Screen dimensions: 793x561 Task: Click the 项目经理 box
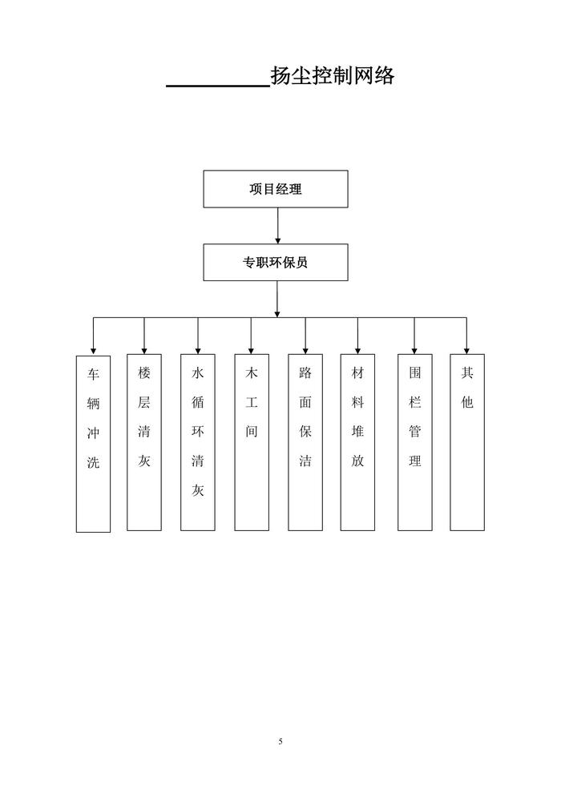click(276, 189)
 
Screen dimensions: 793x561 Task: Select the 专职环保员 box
click(276, 262)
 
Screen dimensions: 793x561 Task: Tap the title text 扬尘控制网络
click(333, 76)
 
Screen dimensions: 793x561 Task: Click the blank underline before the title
click(217, 83)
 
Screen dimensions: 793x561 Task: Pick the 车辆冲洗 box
click(93, 443)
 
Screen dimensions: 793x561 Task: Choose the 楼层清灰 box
click(144, 442)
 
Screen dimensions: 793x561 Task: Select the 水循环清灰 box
click(197, 442)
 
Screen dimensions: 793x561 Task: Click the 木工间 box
click(252, 442)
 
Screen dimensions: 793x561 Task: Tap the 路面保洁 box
click(305, 442)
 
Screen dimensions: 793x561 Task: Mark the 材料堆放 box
click(357, 442)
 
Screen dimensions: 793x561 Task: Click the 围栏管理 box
click(414, 442)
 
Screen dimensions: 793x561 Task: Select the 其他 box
click(467, 442)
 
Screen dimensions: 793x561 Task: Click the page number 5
click(280, 742)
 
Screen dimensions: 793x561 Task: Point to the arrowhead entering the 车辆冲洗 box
click(93, 350)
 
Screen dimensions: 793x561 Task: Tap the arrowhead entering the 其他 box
click(467, 349)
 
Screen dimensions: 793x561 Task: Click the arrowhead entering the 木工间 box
click(252, 349)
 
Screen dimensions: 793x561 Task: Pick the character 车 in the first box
click(93, 374)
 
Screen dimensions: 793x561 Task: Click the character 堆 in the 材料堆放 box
click(357, 432)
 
